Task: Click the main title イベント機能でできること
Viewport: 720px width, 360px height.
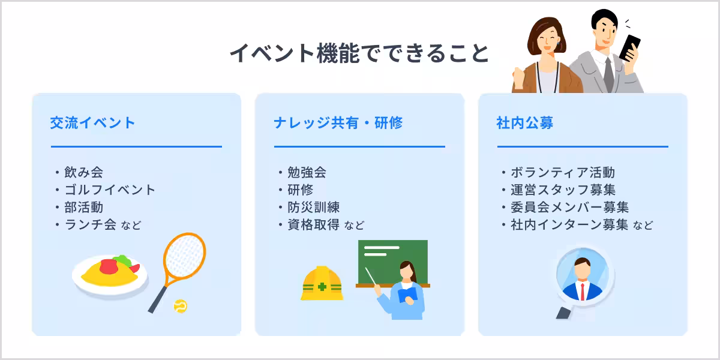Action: coord(359,53)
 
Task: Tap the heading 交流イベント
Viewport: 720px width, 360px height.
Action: coord(93,123)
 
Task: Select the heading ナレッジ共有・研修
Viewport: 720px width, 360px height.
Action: coord(338,123)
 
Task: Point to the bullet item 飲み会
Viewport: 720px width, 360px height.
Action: coord(83,172)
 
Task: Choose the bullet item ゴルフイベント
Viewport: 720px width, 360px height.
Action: coord(110,190)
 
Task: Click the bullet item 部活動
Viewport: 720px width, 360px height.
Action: coord(83,207)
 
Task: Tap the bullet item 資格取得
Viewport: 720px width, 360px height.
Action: coord(314,225)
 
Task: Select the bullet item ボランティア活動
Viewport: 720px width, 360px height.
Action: coord(562,172)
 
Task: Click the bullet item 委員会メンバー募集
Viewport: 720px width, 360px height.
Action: coord(569,207)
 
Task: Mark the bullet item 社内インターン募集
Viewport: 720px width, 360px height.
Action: coord(569,225)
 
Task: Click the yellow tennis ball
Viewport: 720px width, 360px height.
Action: coord(180,306)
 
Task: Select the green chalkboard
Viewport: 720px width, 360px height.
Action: coord(393,262)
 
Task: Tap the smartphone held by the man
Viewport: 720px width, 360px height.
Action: coord(629,47)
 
